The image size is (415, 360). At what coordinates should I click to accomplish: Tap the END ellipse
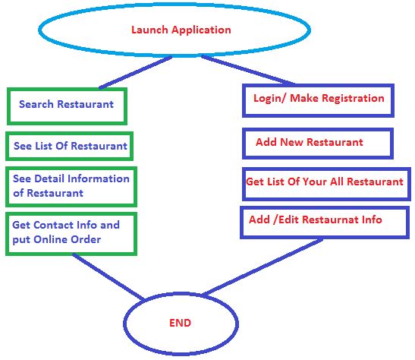coord(180,323)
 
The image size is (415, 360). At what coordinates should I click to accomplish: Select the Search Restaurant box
coord(67,105)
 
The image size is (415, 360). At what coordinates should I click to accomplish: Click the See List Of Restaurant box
coord(71,145)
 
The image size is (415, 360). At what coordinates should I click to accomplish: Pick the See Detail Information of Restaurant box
coord(71,185)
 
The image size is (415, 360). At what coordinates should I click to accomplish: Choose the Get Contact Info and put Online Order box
coord(72,233)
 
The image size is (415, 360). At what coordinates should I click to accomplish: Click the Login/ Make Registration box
coord(318,99)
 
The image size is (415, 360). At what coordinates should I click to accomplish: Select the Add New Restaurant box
coord(317,143)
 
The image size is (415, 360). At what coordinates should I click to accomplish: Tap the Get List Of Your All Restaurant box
coord(324,183)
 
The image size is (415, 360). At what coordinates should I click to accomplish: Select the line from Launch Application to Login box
coord(250,69)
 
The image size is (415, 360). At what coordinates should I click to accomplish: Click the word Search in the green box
coord(36,105)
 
